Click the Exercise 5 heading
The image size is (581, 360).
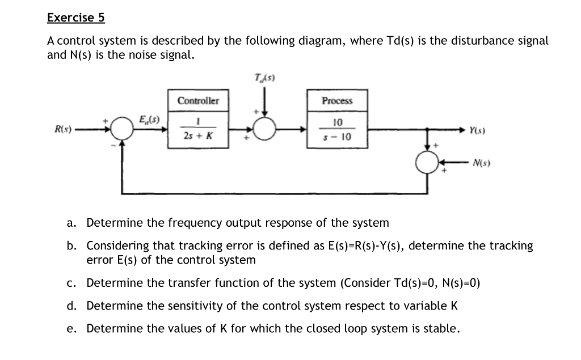(76, 18)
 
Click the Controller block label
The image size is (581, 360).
(197, 101)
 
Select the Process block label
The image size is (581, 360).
(337, 101)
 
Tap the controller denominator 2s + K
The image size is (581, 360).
(197, 136)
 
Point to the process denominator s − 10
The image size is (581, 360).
(337, 137)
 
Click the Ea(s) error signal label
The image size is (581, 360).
(150, 118)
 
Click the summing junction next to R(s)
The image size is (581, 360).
(120, 130)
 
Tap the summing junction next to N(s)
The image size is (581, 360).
(427, 163)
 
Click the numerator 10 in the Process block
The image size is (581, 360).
(337, 122)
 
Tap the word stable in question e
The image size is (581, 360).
(440, 329)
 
